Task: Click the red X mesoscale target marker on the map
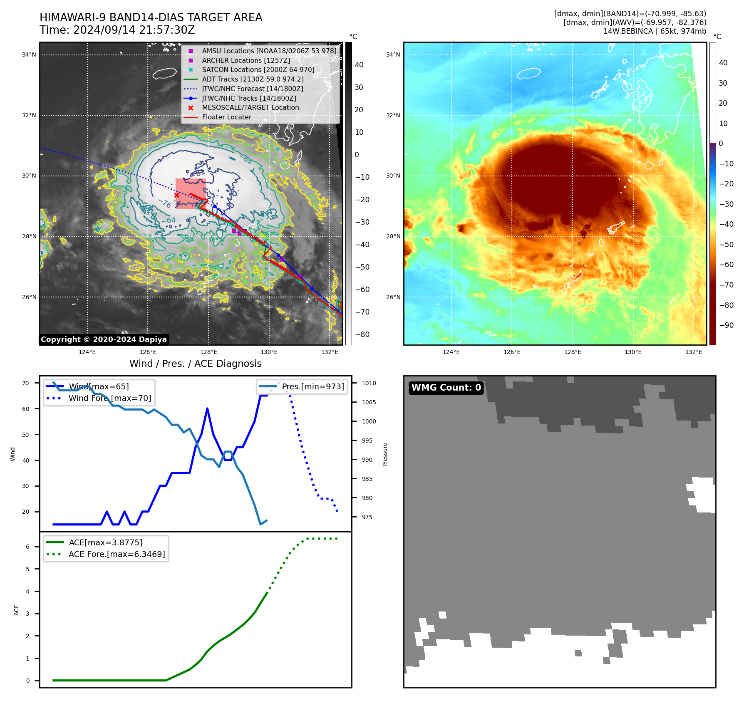(176, 195)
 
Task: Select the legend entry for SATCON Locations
(258, 70)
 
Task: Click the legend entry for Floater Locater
(226, 117)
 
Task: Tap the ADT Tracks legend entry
(253, 79)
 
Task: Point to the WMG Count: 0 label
(446, 388)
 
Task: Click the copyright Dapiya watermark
(104, 339)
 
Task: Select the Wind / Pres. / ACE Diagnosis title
(196, 364)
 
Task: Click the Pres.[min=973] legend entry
(313, 387)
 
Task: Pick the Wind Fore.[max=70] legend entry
(109, 399)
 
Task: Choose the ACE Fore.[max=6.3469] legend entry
(117, 554)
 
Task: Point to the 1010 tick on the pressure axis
(369, 384)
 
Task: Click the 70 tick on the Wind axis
(26, 384)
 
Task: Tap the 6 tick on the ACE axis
(28, 547)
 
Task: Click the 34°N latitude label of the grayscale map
(29, 55)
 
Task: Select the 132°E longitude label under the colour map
(694, 352)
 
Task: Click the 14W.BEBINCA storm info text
(655, 31)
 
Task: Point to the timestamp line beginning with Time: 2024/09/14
(117, 30)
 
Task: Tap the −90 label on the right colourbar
(726, 325)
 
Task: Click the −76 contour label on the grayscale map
(165, 203)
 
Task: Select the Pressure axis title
(385, 454)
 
